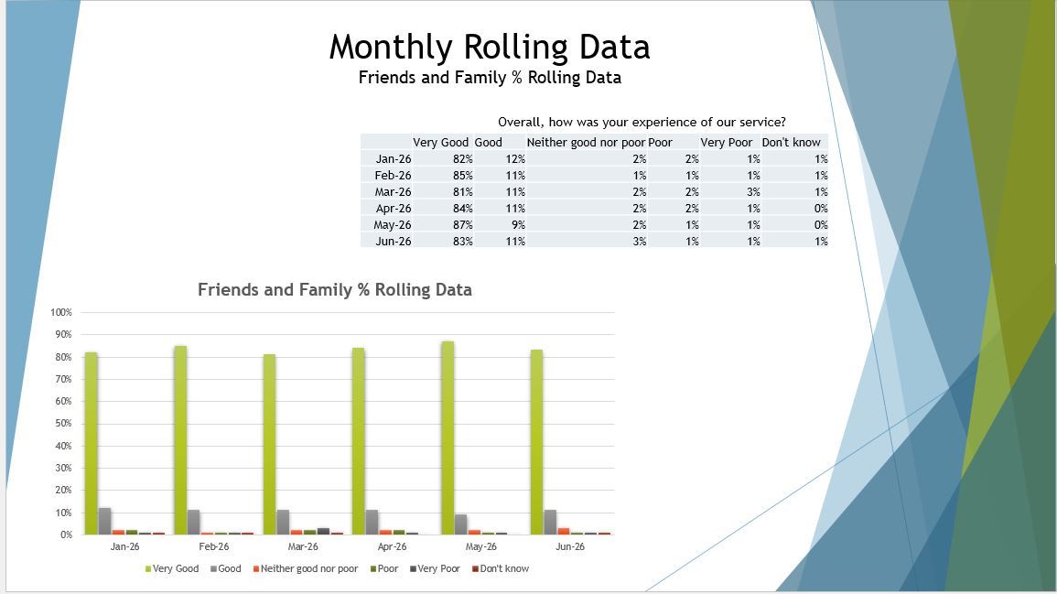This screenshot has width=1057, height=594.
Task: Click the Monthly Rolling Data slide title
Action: [490, 48]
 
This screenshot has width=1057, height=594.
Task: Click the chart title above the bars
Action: [334, 290]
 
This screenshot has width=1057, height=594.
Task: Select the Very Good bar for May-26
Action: [448, 437]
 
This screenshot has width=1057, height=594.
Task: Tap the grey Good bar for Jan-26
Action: [104, 521]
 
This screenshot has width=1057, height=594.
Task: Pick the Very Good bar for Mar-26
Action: [269, 444]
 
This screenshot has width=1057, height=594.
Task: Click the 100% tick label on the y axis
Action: [60, 312]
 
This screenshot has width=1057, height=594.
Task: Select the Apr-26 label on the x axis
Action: [392, 546]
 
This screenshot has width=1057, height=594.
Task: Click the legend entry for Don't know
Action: [501, 568]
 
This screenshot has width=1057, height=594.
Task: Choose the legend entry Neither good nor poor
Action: [306, 568]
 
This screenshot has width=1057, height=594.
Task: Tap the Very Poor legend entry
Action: [435, 568]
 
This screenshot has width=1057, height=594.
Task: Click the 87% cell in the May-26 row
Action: [462, 224]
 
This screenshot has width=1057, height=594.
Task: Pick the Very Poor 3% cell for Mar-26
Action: [753, 191]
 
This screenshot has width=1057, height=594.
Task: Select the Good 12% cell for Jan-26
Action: [515, 159]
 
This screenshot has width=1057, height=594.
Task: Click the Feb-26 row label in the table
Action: [393, 176]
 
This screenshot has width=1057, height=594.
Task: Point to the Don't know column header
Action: [791, 142]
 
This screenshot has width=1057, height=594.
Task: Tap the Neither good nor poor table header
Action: [586, 142]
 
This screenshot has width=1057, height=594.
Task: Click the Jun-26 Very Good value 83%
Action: [462, 242]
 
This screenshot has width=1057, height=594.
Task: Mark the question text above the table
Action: [642, 122]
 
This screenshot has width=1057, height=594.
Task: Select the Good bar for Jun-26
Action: [550, 522]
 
